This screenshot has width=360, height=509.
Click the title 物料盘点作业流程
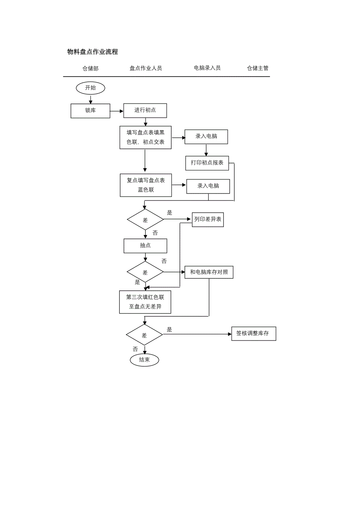tap(92, 52)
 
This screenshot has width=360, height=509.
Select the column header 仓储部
tap(90, 68)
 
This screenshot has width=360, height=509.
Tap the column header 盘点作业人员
tap(146, 68)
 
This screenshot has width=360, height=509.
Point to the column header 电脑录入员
tap(207, 68)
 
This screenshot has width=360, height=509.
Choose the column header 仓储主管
tap(257, 68)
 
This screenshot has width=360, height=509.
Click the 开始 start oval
tap(90, 88)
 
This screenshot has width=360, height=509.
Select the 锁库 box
tap(90, 111)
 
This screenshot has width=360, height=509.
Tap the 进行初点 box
tap(145, 111)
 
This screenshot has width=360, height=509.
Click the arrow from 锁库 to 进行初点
tap(117, 111)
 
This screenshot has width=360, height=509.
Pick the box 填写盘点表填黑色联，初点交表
tap(146, 137)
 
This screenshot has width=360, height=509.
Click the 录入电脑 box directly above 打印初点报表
tap(206, 136)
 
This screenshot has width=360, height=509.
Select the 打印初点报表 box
tap(207, 163)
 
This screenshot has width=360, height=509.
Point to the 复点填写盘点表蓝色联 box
tap(146, 185)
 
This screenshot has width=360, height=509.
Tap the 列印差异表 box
tap(208, 219)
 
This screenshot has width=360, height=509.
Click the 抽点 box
tap(145, 246)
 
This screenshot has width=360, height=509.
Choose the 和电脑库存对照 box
tap(209, 272)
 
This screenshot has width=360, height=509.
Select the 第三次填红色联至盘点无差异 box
tap(145, 302)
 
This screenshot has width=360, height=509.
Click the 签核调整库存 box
tap(253, 333)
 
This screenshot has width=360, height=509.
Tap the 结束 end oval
tap(144, 360)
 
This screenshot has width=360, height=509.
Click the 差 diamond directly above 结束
tap(144, 335)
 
